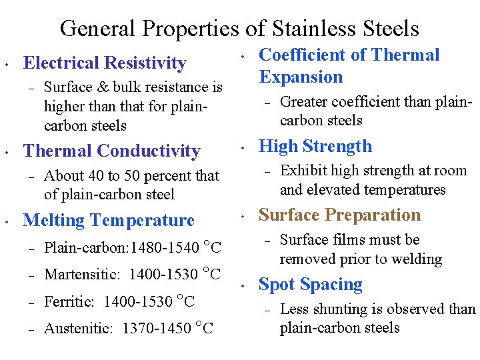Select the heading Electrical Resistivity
105,63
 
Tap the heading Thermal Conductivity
111,151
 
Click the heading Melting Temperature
109,220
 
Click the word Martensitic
81,275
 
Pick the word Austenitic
79,328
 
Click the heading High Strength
315,147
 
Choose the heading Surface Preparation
339,215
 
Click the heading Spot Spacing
310,285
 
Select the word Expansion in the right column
301,77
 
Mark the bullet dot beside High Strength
244,147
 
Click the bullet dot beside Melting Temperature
5,221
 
